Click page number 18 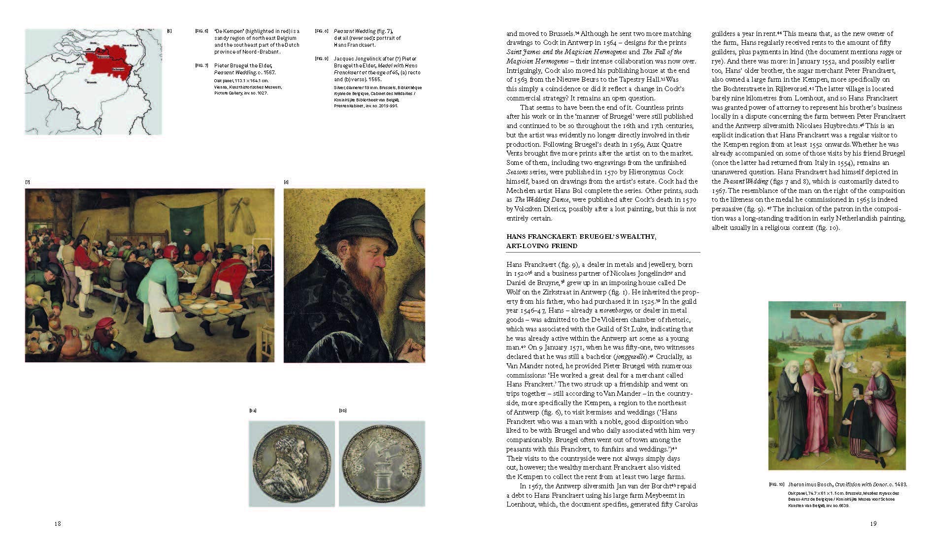57,524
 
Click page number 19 873,524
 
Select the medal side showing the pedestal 381,464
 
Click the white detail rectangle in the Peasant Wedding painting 262,254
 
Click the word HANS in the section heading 517,237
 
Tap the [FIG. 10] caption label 776,485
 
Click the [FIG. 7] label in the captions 201,65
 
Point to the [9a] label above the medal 253,410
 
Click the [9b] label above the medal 343,410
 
